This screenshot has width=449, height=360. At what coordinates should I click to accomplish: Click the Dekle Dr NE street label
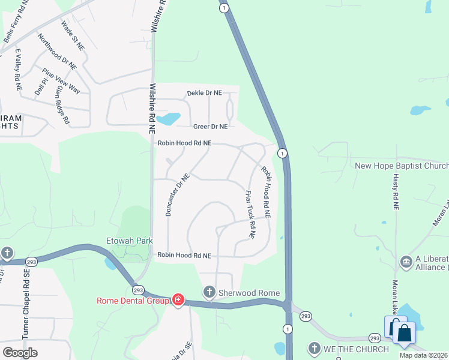click(x=204, y=93)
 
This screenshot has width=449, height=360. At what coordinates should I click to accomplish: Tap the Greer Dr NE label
click(x=210, y=127)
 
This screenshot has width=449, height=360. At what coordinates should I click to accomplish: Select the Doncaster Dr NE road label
click(x=178, y=195)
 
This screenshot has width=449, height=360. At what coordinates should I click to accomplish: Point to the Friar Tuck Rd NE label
click(x=250, y=214)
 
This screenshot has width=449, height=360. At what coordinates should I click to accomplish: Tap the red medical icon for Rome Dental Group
click(x=178, y=299)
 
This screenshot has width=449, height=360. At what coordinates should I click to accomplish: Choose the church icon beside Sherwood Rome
click(x=209, y=292)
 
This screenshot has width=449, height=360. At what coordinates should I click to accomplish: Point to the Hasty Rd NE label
click(x=396, y=188)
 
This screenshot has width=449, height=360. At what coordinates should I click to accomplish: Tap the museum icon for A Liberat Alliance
click(x=406, y=262)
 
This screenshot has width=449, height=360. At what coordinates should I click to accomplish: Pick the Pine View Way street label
click(x=61, y=81)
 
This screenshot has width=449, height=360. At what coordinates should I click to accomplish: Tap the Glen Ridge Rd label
click(x=62, y=104)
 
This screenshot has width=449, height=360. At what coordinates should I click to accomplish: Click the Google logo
click(x=20, y=353)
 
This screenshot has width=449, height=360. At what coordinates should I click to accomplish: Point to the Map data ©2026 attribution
click(x=424, y=355)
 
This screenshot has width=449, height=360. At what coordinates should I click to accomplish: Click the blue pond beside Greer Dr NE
click(x=170, y=119)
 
